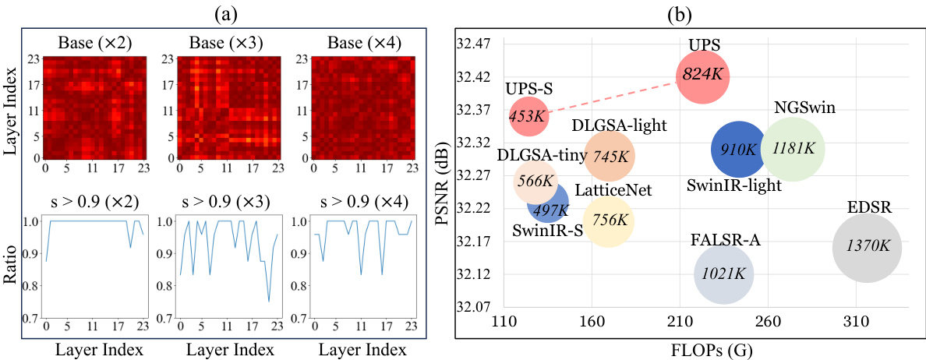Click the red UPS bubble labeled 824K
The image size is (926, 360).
(x=702, y=76)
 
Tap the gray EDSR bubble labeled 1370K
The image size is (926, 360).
(x=867, y=246)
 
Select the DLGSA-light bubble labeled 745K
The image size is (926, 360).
(x=610, y=156)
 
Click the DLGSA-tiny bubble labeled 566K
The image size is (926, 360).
(x=535, y=182)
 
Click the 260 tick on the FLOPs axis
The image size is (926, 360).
(x=769, y=321)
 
